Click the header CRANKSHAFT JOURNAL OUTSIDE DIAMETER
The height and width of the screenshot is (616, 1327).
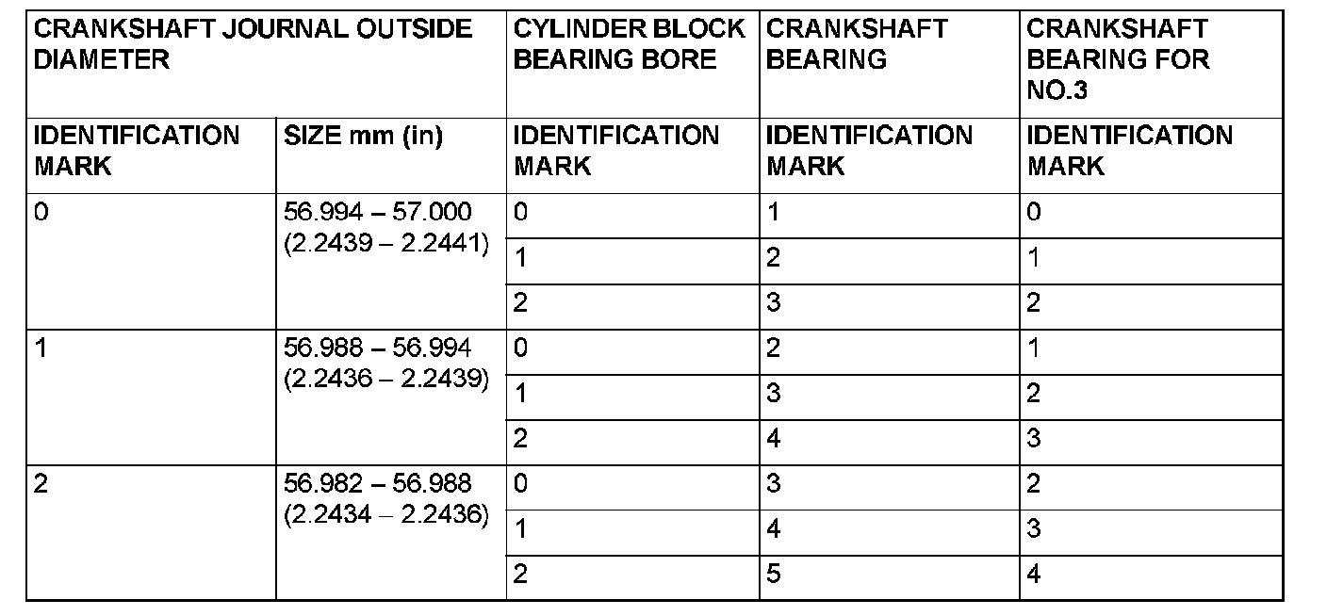tap(253, 43)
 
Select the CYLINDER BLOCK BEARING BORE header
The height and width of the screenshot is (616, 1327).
tap(629, 43)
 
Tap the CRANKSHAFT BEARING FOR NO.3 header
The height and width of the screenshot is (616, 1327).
tap(1118, 58)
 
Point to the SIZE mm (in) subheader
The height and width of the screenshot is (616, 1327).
tap(363, 136)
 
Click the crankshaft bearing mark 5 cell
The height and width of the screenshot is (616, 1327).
tap(774, 574)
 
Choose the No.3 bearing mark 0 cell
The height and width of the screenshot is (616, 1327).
tap(1034, 212)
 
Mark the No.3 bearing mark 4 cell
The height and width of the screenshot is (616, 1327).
tap(1034, 574)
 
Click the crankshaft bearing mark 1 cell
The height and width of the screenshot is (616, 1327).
tap(774, 212)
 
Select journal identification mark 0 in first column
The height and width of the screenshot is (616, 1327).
tap(41, 212)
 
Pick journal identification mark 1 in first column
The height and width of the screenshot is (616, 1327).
tap(41, 349)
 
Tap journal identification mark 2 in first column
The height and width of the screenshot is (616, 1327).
tap(41, 484)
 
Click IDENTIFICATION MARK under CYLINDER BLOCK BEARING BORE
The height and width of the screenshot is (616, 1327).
tap(616, 151)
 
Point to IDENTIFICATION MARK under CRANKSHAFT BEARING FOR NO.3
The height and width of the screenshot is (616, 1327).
tap(1130, 151)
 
